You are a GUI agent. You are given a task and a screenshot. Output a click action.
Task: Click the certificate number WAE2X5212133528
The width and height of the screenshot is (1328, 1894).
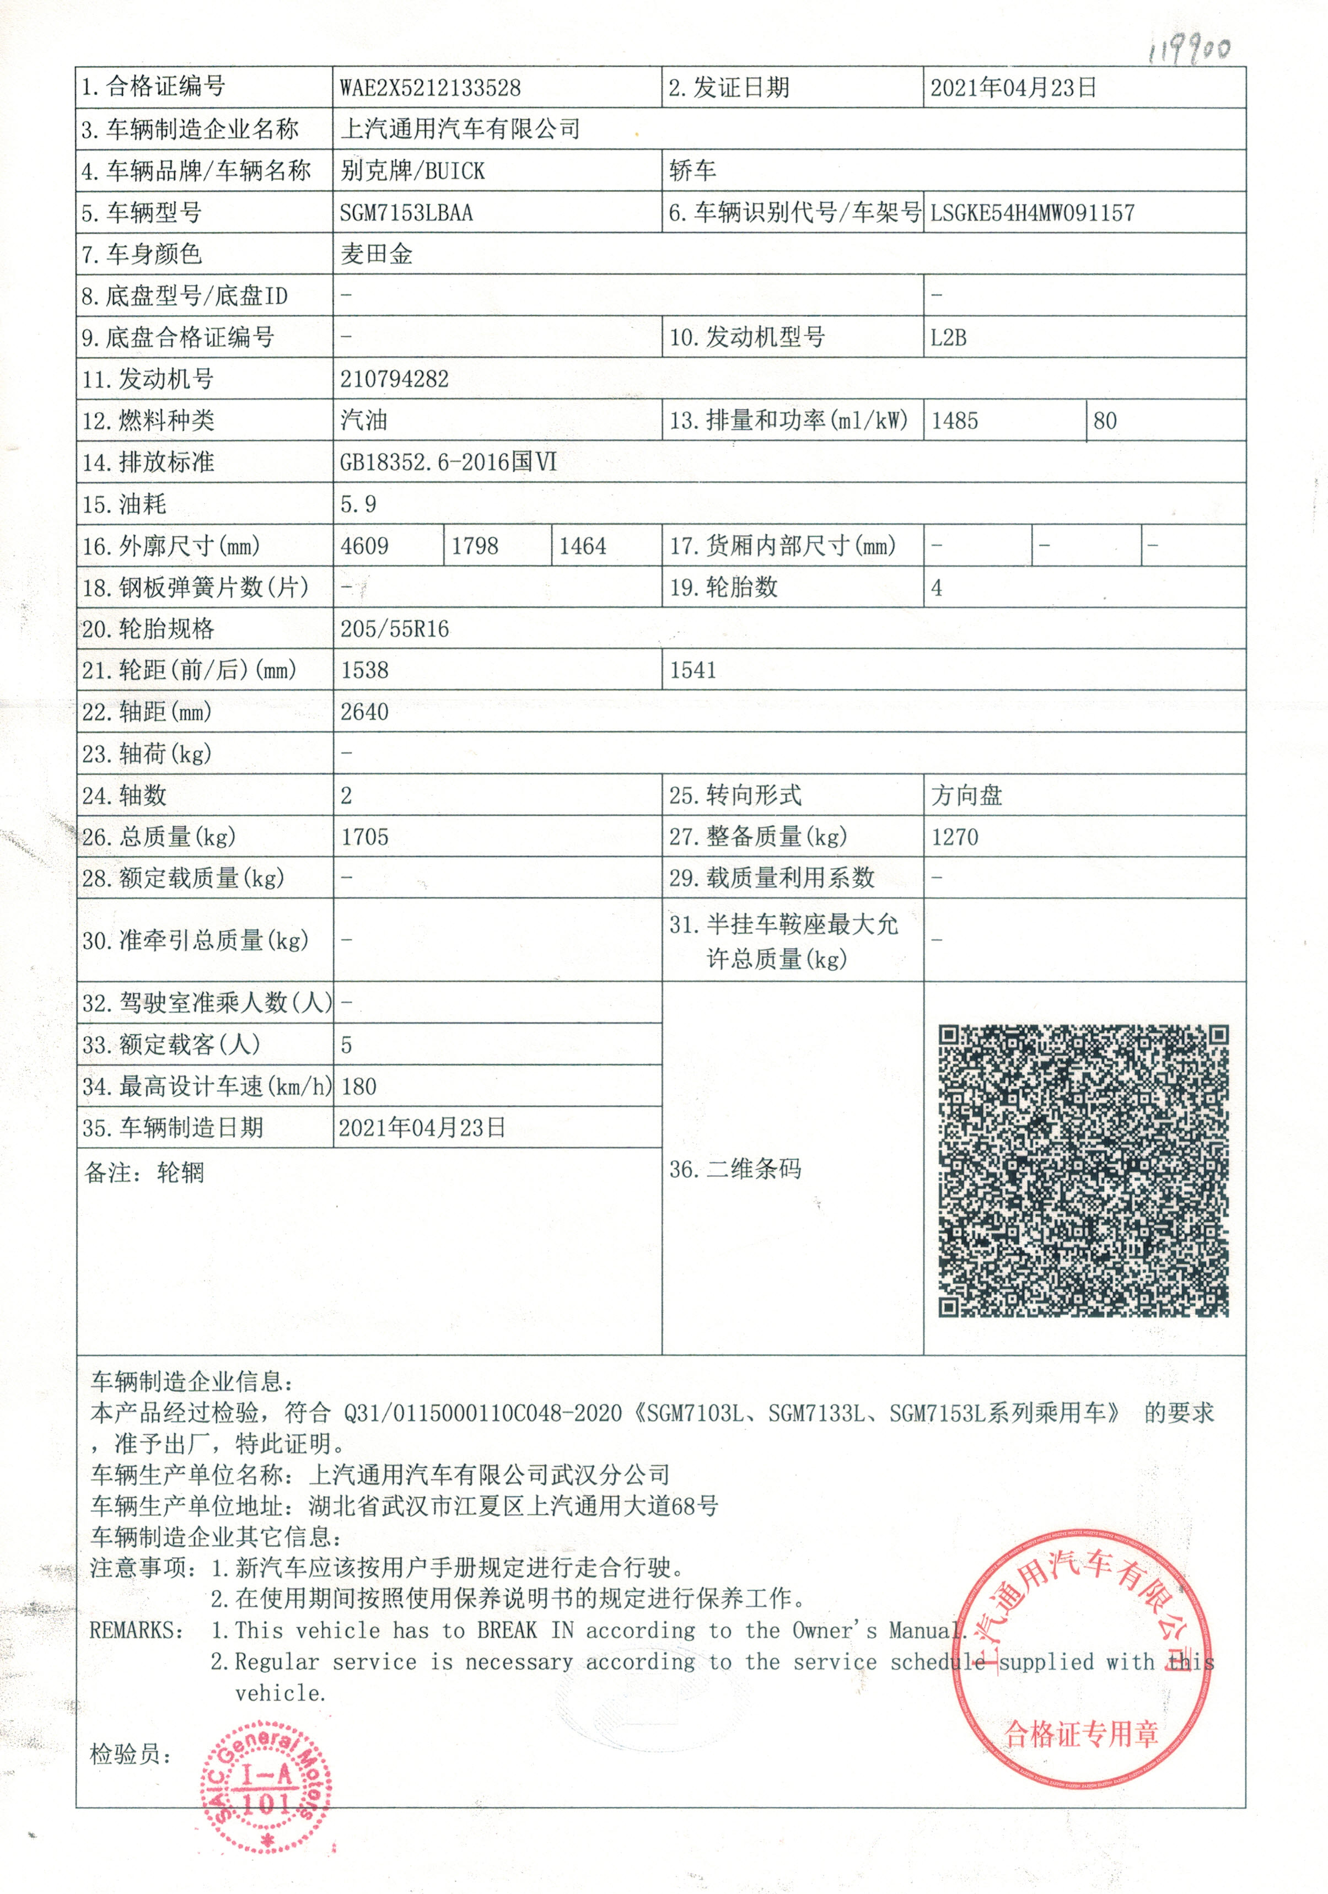pos(430,88)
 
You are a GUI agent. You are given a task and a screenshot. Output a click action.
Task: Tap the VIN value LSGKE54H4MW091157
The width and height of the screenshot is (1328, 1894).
pos(1032,213)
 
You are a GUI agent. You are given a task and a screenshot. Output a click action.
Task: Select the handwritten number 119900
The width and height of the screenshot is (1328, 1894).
pos(1189,51)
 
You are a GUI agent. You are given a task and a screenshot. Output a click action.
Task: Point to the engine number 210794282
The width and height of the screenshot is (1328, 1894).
pos(394,379)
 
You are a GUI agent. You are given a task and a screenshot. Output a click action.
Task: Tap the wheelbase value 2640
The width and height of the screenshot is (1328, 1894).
pos(364,712)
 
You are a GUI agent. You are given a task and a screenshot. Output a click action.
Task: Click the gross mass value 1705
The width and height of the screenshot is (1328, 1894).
pos(364,837)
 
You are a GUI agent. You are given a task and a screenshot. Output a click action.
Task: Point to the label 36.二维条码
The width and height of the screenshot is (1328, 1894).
pos(734,1169)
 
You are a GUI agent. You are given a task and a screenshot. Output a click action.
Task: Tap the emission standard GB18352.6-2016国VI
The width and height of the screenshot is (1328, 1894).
pos(448,462)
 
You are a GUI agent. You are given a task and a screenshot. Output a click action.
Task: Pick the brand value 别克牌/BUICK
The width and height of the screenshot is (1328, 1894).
pos(412,171)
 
